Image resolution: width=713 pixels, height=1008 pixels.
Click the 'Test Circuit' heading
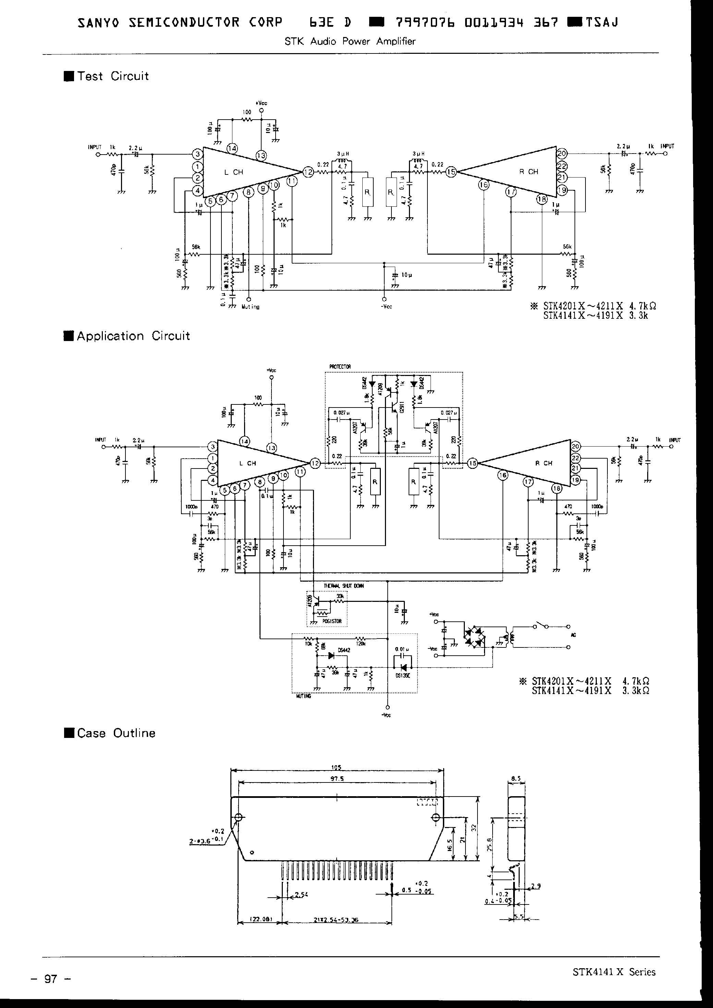click(x=112, y=76)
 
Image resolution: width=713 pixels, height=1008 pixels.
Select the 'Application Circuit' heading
click(x=133, y=336)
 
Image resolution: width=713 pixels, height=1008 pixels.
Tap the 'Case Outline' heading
click(x=116, y=733)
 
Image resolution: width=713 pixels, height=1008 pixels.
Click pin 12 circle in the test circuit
click(x=308, y=172)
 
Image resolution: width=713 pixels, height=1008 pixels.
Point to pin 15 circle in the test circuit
click(x=451, y=172)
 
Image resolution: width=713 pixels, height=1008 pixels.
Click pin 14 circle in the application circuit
click(x=244, y=441)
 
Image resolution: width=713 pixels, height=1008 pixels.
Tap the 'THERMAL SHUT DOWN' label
click(x=343, y=586)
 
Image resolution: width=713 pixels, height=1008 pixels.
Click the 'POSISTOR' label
click(x=332, y=621)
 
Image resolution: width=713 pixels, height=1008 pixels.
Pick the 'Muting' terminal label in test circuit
click(x=251, y=307)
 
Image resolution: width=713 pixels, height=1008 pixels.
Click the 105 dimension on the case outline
click(x=336, y=768)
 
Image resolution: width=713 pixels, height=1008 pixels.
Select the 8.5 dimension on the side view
click(x=516, y=779)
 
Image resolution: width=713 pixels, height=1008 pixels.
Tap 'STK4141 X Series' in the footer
click(x=614, y=972)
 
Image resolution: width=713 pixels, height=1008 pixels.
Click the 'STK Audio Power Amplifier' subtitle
click(x=350, y=41)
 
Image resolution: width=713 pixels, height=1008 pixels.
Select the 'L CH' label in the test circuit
click(x=233, y=172)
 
